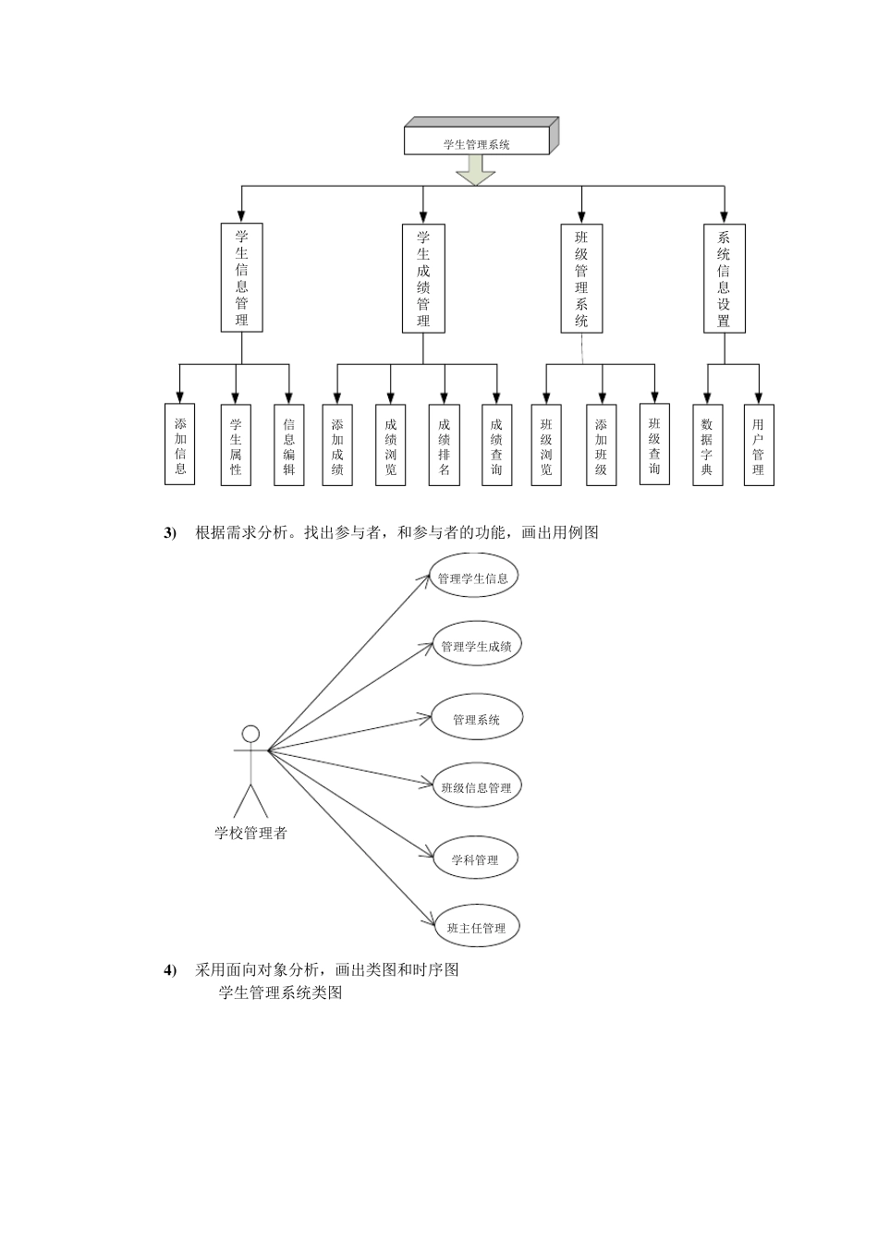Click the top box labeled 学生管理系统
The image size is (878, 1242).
click(x=477, y=141)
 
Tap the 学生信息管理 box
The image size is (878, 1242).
click(x=241, y=278)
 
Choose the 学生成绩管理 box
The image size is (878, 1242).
click(x=423, y=278)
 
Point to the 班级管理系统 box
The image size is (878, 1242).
click(x=581, y=278)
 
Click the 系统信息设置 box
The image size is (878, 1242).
click(x=724, y=278)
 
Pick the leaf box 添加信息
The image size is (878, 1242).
click(x=180, y=445)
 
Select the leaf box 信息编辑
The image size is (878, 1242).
click(x=288, y=445)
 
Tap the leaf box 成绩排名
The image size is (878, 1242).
click(x=444, y=445)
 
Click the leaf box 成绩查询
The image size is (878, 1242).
click(x=497, y=445)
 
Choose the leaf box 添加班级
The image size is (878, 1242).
click(x=601, y=445)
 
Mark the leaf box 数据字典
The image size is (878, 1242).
click(x=707, y=445)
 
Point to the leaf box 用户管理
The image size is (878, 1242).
click(x=759, y=445)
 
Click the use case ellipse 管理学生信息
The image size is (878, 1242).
click(x=473, y=578)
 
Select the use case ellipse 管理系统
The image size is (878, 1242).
click(x=477, y=718)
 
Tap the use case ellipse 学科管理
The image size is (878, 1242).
click(x=475, y=858)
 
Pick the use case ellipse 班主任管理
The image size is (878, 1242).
click(x=476, y=927)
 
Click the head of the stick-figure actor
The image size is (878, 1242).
click(x=250, y=734)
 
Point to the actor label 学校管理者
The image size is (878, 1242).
click(x=251, y=833)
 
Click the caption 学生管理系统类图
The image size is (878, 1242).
click(x=281, y=992)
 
